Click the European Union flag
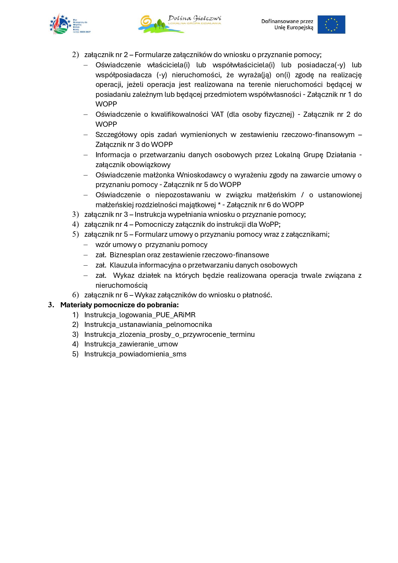(x=331, y=24)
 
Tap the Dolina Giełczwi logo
(x=180, y=24)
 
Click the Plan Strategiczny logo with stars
(x=70, y=24)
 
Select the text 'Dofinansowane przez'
(x=287, y=21)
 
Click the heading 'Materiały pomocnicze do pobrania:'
(x=119, y=305)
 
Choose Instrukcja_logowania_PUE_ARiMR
(x=140, y=315)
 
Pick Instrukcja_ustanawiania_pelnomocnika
(x=148, y=325)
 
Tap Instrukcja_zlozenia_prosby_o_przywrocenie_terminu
(x=169, y=334)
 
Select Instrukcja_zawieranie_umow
(x=131, y=344)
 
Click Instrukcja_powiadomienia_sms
(x=135, y=354)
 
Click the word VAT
(x=217, y=115)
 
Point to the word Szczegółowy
(x=116, y=135)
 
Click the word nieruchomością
(x=121, y=286)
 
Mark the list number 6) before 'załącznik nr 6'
(x=75, y=295)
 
